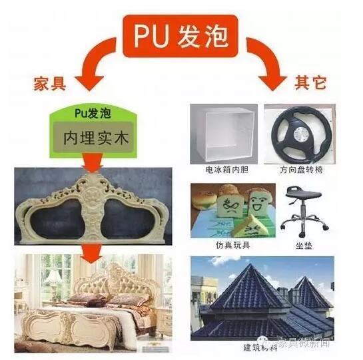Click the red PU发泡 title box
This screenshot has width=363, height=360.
point(181,36)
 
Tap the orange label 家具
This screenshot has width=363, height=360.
point(50,84)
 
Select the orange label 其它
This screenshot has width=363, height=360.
point(310,83)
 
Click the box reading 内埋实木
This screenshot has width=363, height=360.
point(94,138)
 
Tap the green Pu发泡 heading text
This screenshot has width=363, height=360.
point(93,113)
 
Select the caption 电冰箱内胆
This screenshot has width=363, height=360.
point(227,170)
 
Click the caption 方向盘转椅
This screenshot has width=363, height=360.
point(301,170)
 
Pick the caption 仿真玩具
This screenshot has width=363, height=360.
point(232,245)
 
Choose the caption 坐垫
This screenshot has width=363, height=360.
point(304,246)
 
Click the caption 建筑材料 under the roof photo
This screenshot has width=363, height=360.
point(260,348)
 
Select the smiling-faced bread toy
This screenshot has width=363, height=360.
point(259,202)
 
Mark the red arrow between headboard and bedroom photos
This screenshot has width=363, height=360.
point(92,253)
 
